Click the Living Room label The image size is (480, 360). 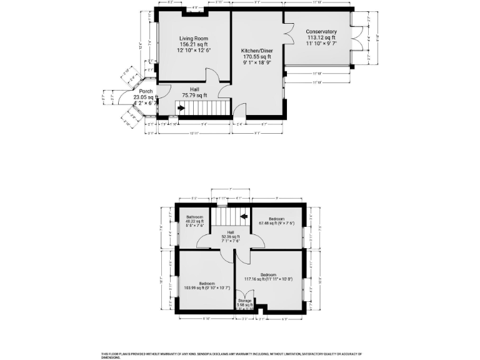pyautogui.click(x=192, y=38)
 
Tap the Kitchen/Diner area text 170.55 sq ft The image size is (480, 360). pyautogui.click(x=256, y=57)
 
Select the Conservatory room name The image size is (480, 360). pyautogui.click(x=321, y=32)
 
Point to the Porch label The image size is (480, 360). pyautogui.click(x=146, y=91)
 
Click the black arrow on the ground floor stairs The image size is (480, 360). pyautogui.click(x=181, y=108)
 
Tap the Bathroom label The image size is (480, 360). pyautogui.click(x=194, y=217)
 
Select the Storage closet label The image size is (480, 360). pyautogui.click(x=245, y=301)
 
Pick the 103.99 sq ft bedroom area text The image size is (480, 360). pyautogui.click(x=206, y=287)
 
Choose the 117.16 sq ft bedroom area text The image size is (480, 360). pyautogui.click(x=268, y=279)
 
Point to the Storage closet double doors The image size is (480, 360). pyautogui.click(x=246, y=294)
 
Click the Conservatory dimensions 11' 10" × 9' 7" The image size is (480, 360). pyautogui.click(x=321, y=44)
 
